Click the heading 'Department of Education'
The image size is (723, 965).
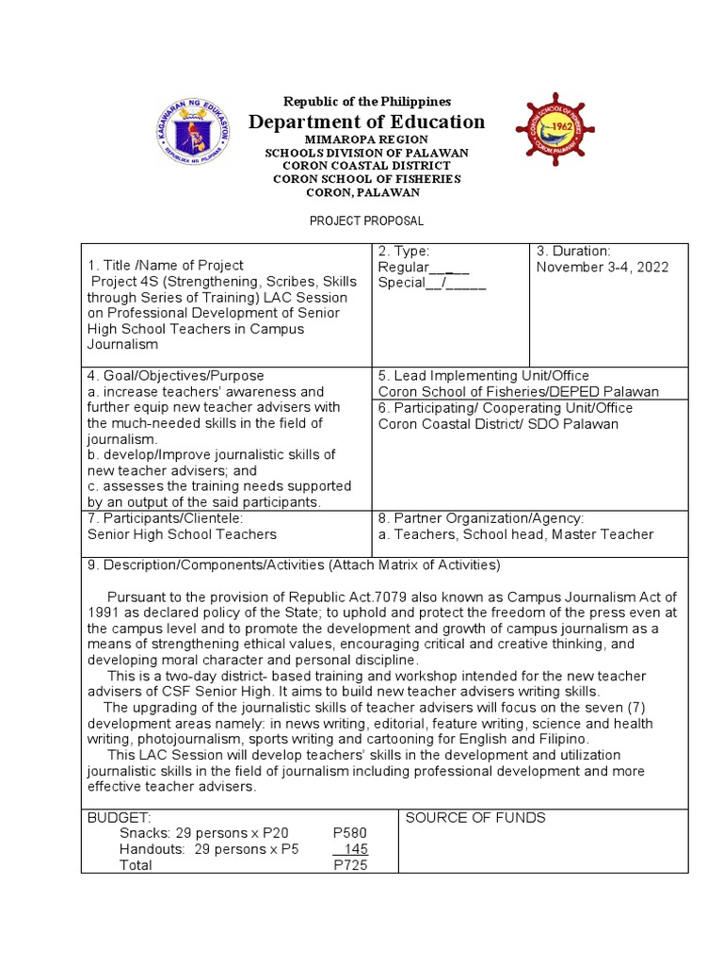(366, 122)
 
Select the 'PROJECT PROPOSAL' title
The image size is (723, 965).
(366, 221)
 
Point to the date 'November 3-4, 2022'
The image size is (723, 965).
(602, 267)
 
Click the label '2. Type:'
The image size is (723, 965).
(404, 251)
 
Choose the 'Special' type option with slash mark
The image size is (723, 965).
(431, 284)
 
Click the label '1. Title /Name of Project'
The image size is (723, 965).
(165, 266)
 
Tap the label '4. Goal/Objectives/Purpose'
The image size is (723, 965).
(176, 375)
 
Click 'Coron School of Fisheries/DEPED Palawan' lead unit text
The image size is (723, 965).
(519, 391)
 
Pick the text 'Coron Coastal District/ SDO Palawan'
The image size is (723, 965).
(498, 423)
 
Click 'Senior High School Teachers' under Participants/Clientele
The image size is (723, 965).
(182, 534)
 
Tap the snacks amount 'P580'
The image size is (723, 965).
(350, 833)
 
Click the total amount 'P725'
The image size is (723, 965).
(350, 865)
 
